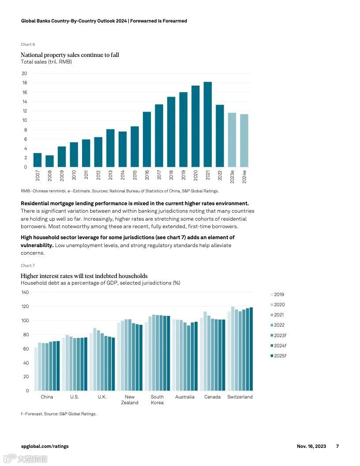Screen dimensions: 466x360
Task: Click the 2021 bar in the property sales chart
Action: point(207,124)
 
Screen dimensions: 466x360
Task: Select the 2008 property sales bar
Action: point(50,161)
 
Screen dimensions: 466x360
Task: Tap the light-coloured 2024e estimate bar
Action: point(244,140)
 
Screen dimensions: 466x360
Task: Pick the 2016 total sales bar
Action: point(147,139)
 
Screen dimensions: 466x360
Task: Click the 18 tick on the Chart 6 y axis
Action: point(24,83)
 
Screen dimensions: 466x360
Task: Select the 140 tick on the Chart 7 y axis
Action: point(25,293)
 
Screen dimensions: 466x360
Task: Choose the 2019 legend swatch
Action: point(271,295)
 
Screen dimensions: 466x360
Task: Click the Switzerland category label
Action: point(240,397)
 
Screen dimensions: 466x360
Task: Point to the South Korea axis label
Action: point(157,400)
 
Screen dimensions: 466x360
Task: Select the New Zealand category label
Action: point(129,400)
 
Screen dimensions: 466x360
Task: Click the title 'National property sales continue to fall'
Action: point(70,55)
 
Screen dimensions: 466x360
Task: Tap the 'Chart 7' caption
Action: point(28,266)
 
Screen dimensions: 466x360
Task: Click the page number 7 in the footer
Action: point(337,446)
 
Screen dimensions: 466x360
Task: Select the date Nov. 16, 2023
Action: point(311,446)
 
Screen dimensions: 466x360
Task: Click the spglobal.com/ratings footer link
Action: point(45,446)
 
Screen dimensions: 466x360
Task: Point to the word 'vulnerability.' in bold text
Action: point(37,245)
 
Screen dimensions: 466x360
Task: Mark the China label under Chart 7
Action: point(47,397)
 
